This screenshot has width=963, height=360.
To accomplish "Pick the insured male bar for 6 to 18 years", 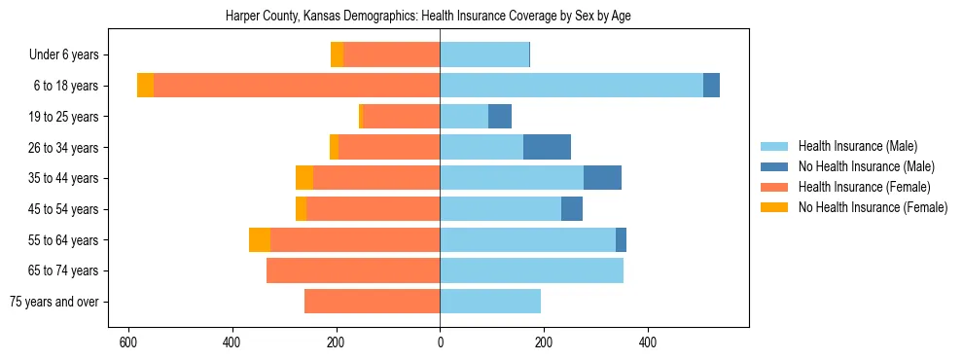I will [x=571, y=86].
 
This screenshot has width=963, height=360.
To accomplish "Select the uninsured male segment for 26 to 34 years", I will [x=547, y=147].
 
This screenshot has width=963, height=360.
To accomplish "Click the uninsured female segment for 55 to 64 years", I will [x=260, y=240].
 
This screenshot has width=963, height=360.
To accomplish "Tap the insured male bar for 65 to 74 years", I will [x=531, y=270].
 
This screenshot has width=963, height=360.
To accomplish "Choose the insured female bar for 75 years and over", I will [x=372, y=302].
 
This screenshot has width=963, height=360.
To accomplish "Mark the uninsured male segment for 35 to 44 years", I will [x=602, y=178].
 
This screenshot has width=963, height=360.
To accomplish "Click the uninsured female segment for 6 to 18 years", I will [x=145, y=86].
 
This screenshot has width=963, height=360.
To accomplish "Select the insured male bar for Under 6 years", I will [x=484, y=55].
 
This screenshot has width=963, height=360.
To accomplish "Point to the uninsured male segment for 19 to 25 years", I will [x=500, y=117].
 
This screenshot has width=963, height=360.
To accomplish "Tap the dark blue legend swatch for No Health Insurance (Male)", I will [x=774, y=167].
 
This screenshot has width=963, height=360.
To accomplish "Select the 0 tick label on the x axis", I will [x=440, y=342].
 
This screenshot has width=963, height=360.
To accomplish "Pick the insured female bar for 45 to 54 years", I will [x=373, y=209].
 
